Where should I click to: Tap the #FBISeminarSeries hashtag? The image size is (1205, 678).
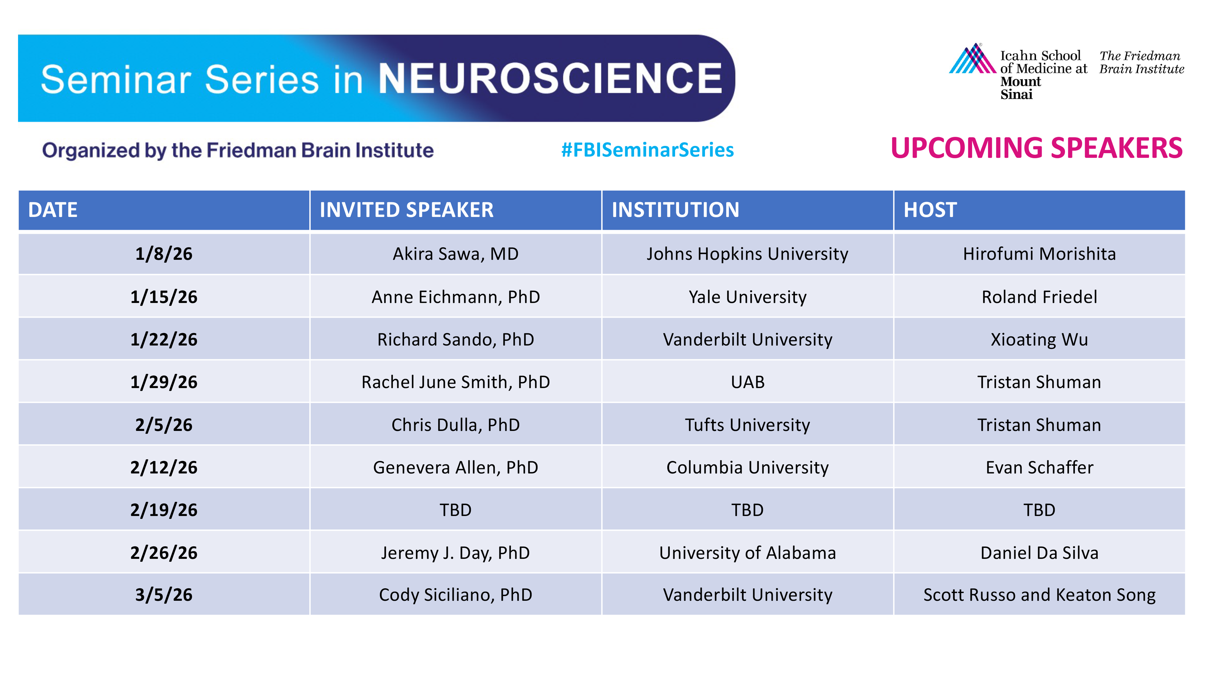(x=647, y=150)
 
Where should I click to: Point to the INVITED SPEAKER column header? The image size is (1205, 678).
(x=406, y=210)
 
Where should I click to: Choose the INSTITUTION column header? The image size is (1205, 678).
(x=675, y=210)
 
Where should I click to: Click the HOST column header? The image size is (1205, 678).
(x=930, y=210)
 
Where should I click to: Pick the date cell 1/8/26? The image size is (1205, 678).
(x=164, y=254)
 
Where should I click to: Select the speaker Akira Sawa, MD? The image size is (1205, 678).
(x=455, y=254)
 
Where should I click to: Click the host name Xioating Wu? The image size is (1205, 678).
(x=1039, y=340)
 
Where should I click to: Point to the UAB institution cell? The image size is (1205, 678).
(x=747, y=382)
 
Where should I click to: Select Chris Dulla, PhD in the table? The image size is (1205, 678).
(x=455, y=425)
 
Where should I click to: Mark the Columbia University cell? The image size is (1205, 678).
(x=747, y=467)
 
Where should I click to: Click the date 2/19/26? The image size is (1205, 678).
(x=164, y=510)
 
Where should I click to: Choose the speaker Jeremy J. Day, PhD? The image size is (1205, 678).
(x=455, y=553)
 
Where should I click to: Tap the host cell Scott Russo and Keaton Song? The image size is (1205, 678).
(x=1039, y=595)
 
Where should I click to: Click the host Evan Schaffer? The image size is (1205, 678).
(x=1039, y=467)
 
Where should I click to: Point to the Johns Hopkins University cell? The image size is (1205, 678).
(x=747, y=254)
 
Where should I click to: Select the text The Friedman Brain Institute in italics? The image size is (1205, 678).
(x=1141, y=62)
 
